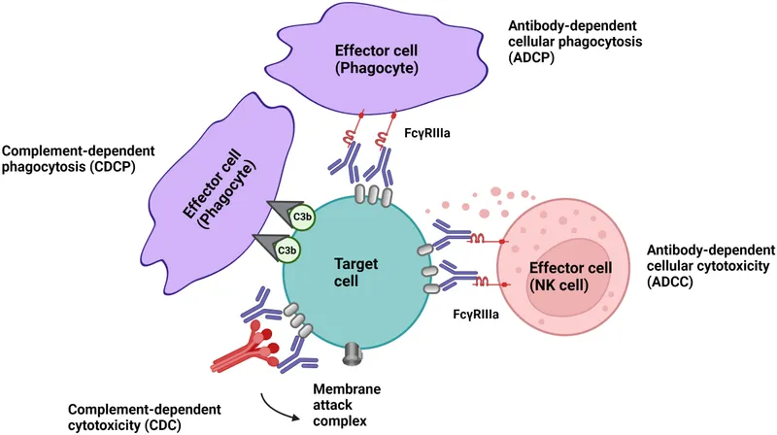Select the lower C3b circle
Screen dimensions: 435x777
[287, 251]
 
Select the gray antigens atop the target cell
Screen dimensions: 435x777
[375, 193]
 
